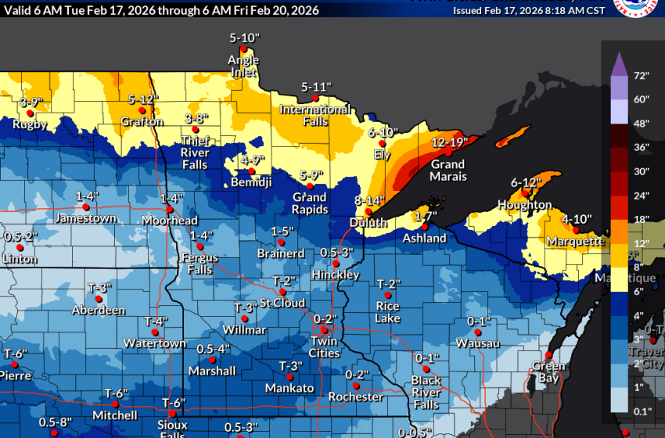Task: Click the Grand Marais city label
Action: tap(448, 171)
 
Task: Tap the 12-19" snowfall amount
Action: tap(449, 142)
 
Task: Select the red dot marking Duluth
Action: tap(368, 210)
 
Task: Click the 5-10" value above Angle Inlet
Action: tap(243, 38)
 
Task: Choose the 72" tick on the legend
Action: tap(642, 76)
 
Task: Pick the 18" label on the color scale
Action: tap(642, 220)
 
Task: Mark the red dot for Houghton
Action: tap(527, 193)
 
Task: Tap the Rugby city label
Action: tap(30, 124)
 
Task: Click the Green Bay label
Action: tap(548, 372)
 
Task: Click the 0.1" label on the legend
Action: tap(643, 411)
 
